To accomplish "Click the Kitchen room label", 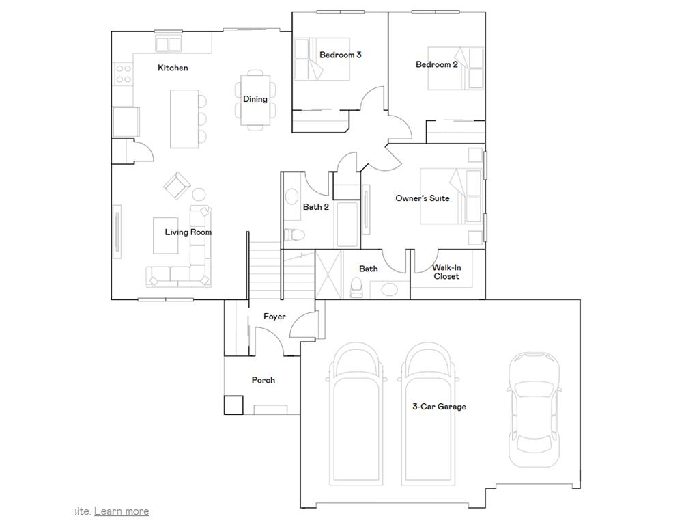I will [x=173, y=68].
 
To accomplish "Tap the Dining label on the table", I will [x=255, y=99].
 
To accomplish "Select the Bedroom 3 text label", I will [x=340, y=55].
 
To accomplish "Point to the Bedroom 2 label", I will [x=436, y=64].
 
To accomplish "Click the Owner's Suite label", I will [x=422, y=198].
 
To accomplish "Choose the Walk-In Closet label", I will [x=446, y=272].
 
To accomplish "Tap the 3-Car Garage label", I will [x=439, y=407].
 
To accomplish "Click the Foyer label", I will [x=274, y=317].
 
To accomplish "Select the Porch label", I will [x=263, y=380].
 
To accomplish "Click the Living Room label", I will [x=188, y=232].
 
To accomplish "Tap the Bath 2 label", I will [x=316, y=207].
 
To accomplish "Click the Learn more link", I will [x=122, y=511].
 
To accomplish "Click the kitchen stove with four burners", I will [x=123, y=74].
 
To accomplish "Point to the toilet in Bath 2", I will [x=295, y=235].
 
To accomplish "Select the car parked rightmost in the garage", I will [x=534, y=409].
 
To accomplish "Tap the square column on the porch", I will [x=233, y=405].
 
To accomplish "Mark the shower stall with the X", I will [x=328, y=274].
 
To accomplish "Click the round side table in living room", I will [x=199, y=193].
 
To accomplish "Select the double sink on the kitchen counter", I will [x=168, y=44].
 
